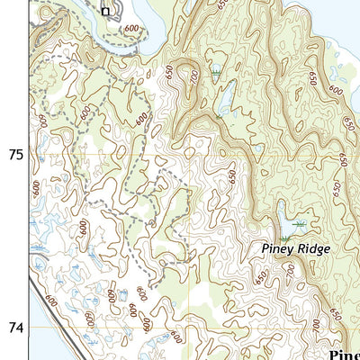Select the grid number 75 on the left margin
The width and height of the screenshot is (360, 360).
tap(15, 155)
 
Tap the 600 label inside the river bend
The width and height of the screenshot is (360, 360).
tap(132, 29)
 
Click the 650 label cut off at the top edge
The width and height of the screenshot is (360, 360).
tap(222, 4)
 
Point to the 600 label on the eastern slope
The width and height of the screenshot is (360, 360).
tap(336, 90)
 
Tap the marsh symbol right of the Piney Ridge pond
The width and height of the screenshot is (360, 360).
tap(301, 222)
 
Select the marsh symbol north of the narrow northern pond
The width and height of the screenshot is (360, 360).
tap(216, 69)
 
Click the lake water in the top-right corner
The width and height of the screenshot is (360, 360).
tap(346, 18)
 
